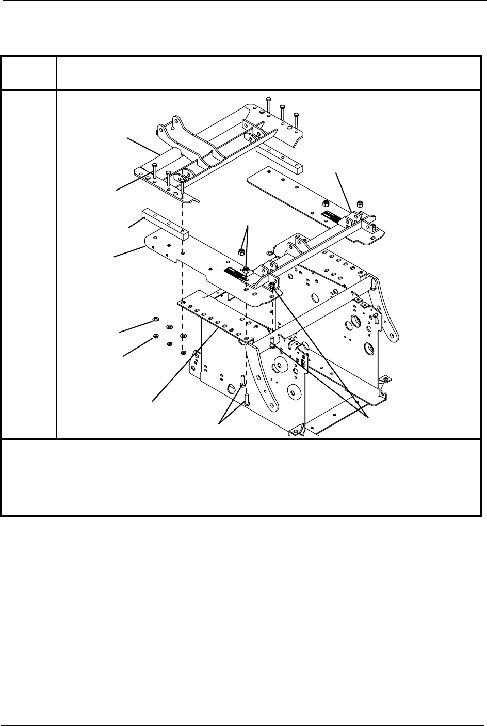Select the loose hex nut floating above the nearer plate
[241, 252]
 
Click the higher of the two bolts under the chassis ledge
[241, 383]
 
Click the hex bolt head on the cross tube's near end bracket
[271, 284]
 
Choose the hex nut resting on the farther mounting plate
[325, 202]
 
